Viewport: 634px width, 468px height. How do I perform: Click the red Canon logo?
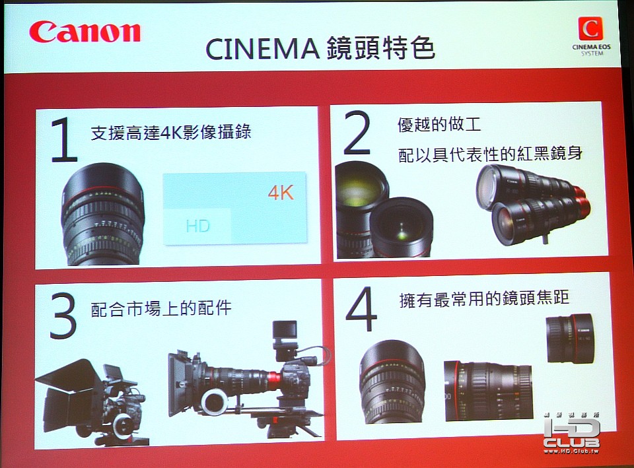tap(85, 32)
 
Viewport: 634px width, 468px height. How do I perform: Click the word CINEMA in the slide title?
tap(262, 50)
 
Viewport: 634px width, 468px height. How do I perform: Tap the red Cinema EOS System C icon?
tap(590, 29)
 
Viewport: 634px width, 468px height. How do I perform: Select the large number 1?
tap(64, 140)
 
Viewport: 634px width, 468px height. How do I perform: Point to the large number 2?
tap(357, 133)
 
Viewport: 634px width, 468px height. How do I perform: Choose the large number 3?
tap(63, 316)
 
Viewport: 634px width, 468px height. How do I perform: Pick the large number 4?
tap(361, 309)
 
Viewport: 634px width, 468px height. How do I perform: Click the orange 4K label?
tap(281, 193)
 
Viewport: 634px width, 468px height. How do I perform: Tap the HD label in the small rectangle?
tap(197, 226)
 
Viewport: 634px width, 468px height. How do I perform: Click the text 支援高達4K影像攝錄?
tap(171, 132)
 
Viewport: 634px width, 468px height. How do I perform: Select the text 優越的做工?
tap(439, 125)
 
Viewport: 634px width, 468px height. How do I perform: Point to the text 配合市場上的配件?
tap(161, 309)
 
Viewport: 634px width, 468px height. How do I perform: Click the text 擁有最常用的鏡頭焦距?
tap(484, 298)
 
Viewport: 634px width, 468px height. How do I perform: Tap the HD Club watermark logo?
tap(571, 433)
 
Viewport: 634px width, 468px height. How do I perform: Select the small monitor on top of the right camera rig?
tap(285, 333)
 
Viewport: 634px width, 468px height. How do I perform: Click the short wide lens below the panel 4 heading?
tap(570, 338)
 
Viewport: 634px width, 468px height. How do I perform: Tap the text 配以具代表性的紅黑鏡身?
tap(490, 154)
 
